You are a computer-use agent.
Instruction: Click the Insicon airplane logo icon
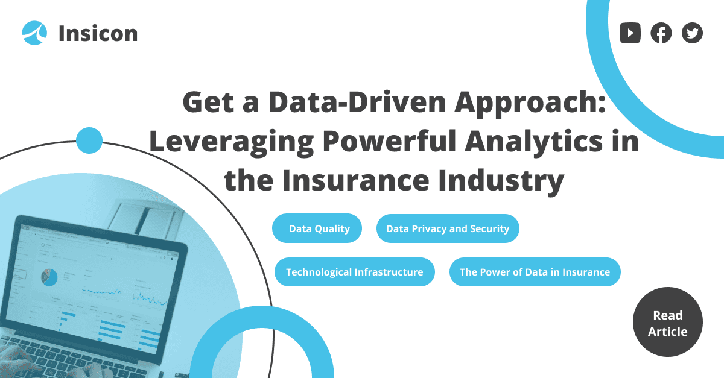point(34,33)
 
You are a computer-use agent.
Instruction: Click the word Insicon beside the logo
point(98,34)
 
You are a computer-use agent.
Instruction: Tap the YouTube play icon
point(630,33)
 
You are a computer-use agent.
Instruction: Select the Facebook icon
point(661,33)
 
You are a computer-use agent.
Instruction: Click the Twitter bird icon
point(692,33)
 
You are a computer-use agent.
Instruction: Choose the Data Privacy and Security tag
point(448,228)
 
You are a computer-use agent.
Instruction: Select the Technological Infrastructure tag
point(355,272)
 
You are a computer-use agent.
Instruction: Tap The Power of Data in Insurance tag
point(535,272)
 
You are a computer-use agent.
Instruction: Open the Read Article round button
point(668,322)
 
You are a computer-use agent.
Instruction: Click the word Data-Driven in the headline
point(357,102)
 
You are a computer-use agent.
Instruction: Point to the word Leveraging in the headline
point(232,142)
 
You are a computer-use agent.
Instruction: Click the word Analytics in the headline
point(533,142)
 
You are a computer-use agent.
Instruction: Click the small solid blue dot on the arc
point(89,140)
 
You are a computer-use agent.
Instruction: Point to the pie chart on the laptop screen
point(49,277)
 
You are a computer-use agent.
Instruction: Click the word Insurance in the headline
point(356,180)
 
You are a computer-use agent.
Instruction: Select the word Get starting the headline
point(208,102)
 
